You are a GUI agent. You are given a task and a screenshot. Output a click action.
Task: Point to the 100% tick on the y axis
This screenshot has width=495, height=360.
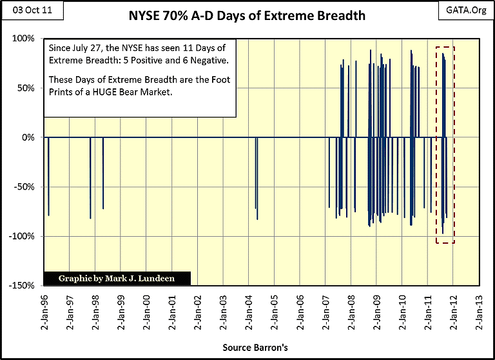24,39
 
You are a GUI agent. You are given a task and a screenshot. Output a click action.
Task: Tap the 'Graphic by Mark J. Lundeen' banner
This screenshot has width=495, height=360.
108,279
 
